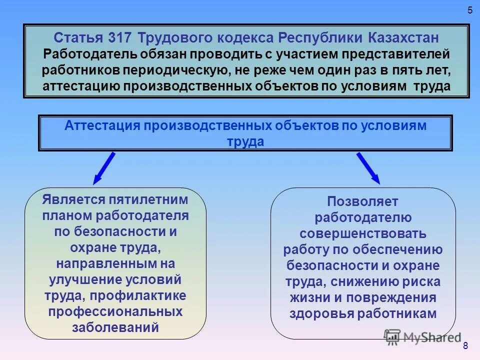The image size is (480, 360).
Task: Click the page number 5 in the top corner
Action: pyautogui.click(x=469, y=10)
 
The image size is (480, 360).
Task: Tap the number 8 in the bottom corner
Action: pyautogui.click(x=465, y=345)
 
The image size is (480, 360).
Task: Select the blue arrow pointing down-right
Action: pyautogui.click(x=368, y=167)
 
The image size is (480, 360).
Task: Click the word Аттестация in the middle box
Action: pyautogui.click(x=102, y=126)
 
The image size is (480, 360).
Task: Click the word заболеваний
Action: pyautogui.click(x=115, y=328)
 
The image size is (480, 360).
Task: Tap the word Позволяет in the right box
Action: pyautogui.click(x=363, y=201)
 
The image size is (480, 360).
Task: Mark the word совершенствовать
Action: pyautogui.click(x=363, y=233)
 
